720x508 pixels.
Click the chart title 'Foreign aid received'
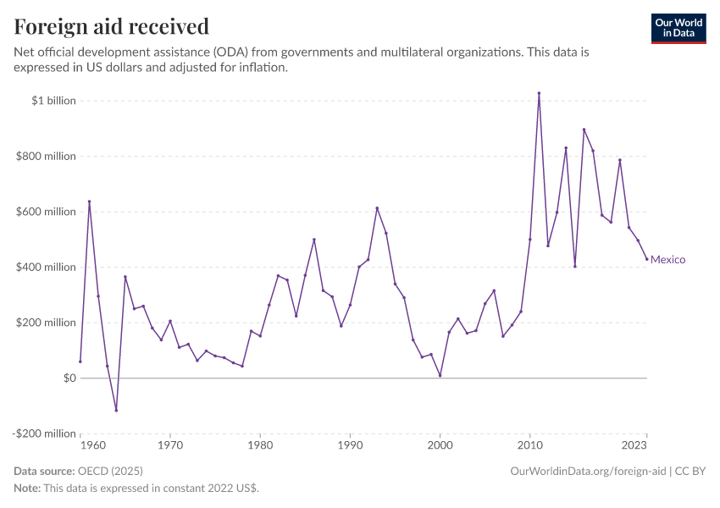tap(112, 27)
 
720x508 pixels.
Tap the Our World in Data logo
tap(678, 28)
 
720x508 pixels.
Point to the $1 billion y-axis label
tap(54, 101)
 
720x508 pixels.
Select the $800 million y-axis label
tap(47, 157)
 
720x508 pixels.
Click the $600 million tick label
tap(47, 212)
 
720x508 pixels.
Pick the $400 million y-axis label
tap(47, 268)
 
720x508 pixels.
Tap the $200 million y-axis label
tap(47, 323)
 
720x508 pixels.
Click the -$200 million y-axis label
tap(46, 433)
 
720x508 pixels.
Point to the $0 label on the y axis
tap(69, 378)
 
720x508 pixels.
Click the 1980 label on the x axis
tap(260, 444)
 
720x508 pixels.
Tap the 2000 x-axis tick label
tap(440, 444)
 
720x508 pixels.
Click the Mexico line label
tap(667, 260)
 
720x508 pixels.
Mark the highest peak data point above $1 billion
tap(539, 93)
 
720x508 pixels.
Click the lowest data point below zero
tap(116, 411)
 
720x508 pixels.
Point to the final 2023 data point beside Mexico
tap(646, 259)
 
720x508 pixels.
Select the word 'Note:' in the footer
tap(26, 489)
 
